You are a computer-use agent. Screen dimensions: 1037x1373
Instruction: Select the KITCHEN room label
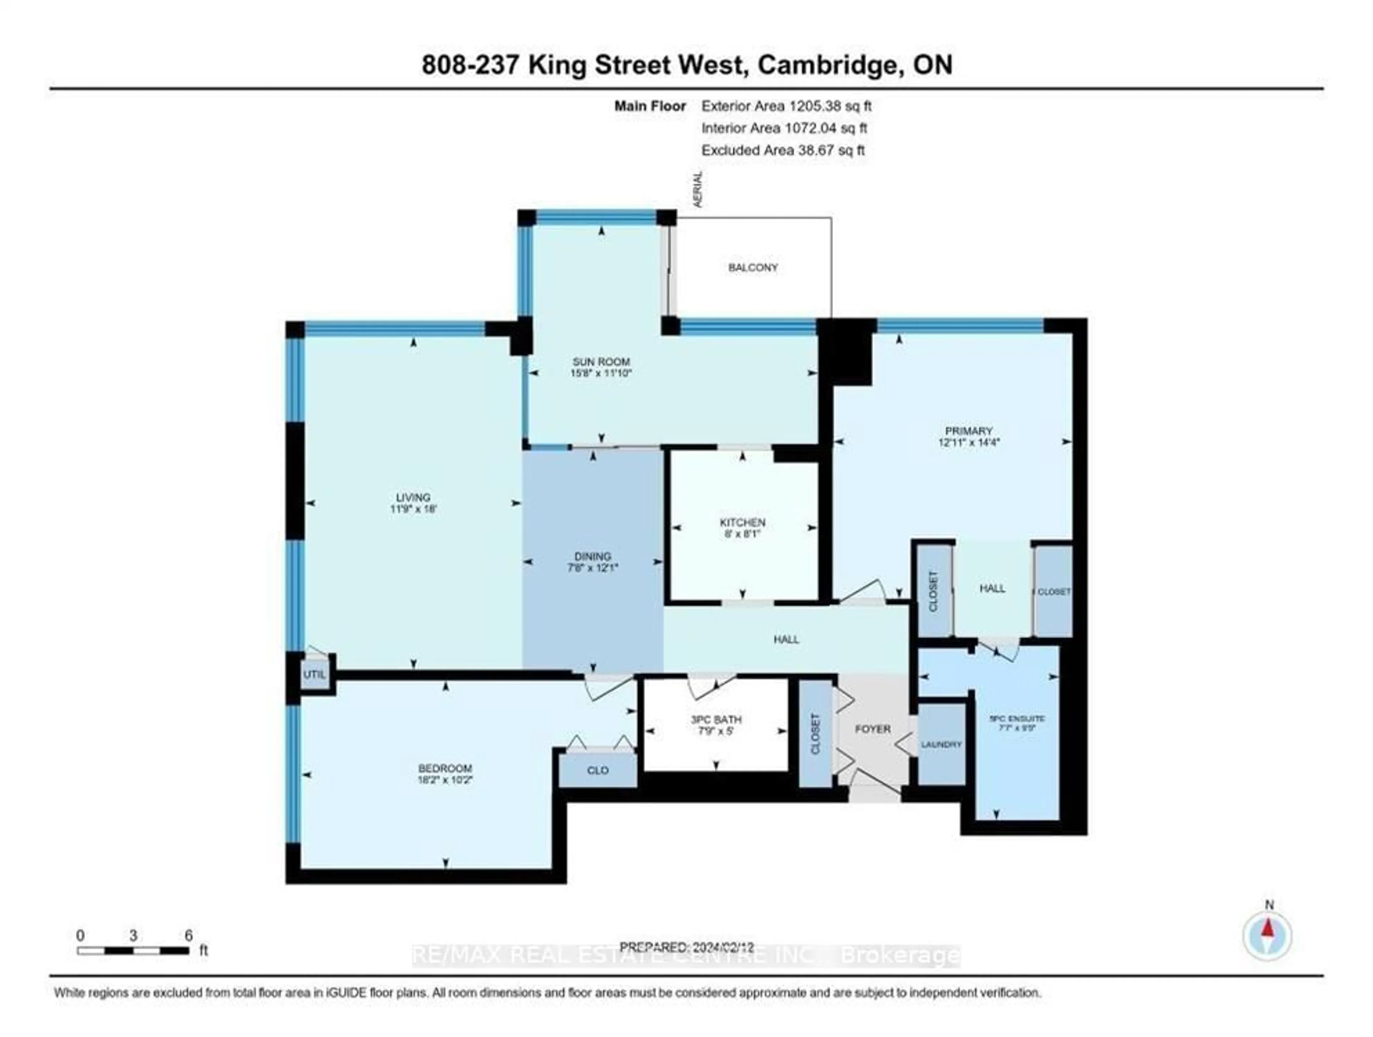click(742, 522)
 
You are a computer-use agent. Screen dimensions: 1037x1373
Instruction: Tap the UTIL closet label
click(314, 674)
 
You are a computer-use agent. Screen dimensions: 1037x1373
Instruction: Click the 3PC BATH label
click(716, 720)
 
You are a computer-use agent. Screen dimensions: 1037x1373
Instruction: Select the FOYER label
click(873, 729)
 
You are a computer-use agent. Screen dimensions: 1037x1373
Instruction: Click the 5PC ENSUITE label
click(1017, 719)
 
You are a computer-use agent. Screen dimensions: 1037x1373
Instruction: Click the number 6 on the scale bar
click(188, 935)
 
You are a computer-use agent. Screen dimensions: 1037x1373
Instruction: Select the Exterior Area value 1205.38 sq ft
click(830, 106)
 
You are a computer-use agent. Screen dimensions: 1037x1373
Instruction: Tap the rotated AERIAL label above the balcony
click(698, 189)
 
